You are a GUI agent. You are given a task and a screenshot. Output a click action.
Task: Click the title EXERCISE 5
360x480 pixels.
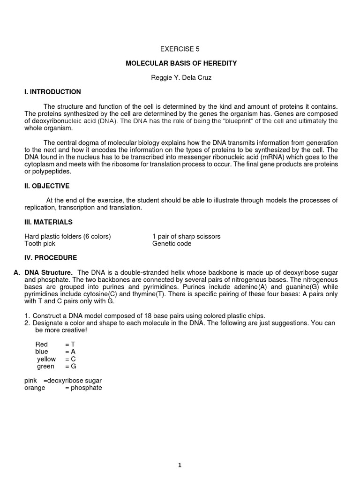[x=180, y=49]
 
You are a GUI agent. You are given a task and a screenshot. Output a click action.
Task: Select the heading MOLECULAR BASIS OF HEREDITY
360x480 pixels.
[x=181, y=63]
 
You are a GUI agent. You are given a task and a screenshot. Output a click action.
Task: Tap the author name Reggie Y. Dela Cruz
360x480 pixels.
[x=181, y=78]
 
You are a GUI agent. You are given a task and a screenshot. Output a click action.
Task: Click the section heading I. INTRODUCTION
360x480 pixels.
[x=52, y=92]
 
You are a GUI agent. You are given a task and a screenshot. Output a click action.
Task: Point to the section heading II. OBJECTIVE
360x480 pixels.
[x=47, y=186]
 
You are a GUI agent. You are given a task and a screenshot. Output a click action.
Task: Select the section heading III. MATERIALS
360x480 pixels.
[x=48, y=222]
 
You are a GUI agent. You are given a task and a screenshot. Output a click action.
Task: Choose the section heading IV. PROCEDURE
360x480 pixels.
[x=51, y=258]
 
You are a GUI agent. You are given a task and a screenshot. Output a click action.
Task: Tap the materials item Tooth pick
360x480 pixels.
[x=40, y=244]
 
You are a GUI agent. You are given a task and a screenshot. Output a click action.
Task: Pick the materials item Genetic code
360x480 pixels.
[x=172, y=244]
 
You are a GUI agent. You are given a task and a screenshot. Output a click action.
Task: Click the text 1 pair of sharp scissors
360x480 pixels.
[x=186, y=236]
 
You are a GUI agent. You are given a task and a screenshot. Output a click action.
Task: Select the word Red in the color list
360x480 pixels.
[x=42, y=345]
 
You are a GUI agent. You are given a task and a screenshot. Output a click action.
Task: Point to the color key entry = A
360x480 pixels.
[x=70, y=352]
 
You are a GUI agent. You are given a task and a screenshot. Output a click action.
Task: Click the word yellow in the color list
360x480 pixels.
[x=46, y=359]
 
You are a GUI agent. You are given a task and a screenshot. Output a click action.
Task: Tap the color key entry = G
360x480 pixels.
[x=70, y=367]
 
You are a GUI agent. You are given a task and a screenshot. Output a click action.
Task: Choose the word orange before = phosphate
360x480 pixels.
[x=35, y=388]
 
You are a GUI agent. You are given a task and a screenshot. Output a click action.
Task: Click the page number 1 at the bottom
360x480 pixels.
[x=180, y=465]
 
